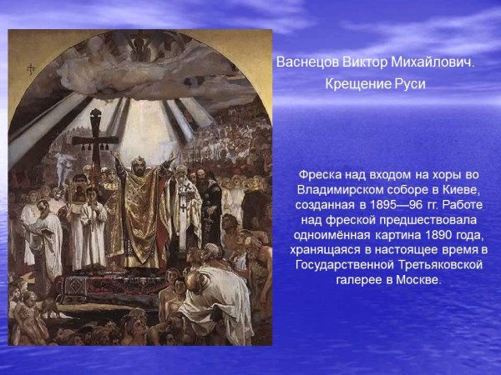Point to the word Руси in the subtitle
click(x=408, y=84)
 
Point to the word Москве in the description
click(x=413, y=279)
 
